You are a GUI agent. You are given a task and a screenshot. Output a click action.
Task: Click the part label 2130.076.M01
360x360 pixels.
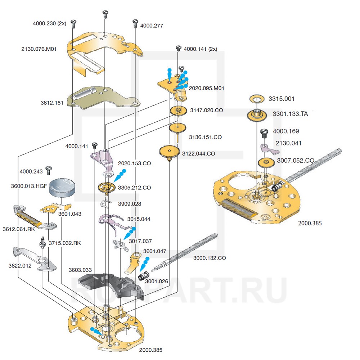click(x=39, y=49)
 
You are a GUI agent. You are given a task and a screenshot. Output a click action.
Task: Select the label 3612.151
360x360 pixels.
click(x=52, y=103)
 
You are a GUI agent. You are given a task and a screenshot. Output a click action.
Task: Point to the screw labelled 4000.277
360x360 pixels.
click(x=135, y=23)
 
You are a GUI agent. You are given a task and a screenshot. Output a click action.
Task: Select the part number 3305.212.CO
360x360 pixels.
click(x=134, y=188)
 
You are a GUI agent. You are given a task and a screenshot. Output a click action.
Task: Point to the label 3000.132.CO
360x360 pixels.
click(x=210, y=258)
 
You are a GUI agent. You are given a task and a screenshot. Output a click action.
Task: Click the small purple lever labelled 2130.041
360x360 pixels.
click(x=265, y=147)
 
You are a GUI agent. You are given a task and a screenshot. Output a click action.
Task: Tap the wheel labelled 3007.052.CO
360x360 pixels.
click(x=267, y=162)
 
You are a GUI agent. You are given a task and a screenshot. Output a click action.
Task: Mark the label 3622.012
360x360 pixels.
click(x=20, y=266)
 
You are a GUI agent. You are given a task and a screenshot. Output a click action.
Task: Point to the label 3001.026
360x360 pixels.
click(x=157, y=281)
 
